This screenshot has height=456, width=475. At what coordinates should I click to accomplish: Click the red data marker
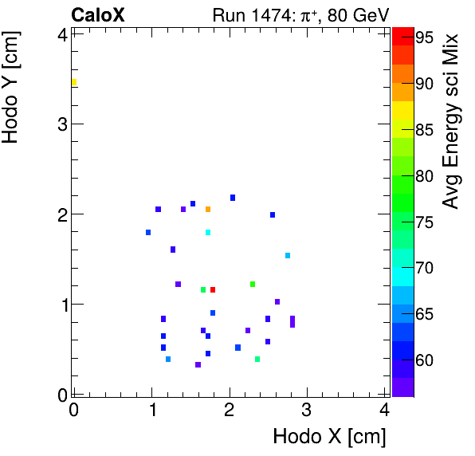(x=213, y=289)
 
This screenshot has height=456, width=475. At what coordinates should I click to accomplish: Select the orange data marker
(x=208, y=210)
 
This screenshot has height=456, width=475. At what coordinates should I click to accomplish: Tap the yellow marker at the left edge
(x=74, y=83)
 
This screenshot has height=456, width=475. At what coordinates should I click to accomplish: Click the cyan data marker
(x=208, y=233)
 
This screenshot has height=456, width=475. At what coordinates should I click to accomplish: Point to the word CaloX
(x=98, y=14)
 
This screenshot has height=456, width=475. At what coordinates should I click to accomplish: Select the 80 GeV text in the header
(x=350, y=14)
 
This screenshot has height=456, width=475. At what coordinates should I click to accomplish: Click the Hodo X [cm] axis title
(x=329, y=437)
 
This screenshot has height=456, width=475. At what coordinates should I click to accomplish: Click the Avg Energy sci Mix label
(x=451, y=120)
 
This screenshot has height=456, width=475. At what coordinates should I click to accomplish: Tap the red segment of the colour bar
(x=403, y=35)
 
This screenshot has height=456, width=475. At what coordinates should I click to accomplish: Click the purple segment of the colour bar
(x=403, y=387)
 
